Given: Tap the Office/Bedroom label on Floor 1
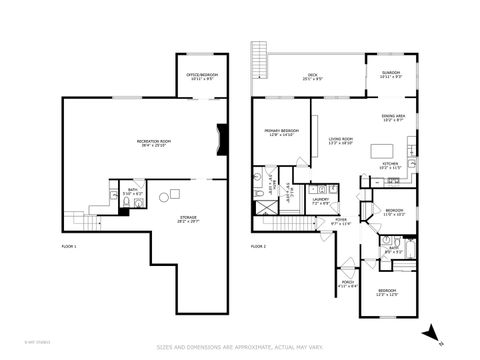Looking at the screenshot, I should point(206,76).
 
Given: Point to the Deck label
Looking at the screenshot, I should point(312,76).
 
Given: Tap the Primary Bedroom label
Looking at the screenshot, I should point(280,134).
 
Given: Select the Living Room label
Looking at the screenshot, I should point(341,142).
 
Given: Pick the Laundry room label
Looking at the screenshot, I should point(320,201).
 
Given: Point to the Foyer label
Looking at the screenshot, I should point(341,221).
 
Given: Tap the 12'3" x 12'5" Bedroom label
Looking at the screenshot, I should point(386,292).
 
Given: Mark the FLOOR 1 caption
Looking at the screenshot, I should point(69,245).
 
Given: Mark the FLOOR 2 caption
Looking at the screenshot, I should point(258,245).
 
